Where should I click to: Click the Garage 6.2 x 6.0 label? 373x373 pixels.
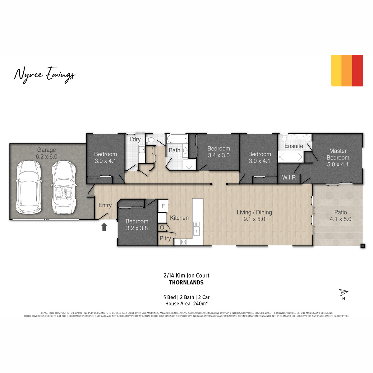click(46, 153)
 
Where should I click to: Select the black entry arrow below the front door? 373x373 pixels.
click(104, 227)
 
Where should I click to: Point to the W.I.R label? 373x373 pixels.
click(289, 177)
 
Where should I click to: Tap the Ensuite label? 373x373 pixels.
click(293, 146)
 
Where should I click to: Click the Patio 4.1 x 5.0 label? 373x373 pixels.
click(340, 216)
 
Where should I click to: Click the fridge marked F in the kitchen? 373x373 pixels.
click(163, 206)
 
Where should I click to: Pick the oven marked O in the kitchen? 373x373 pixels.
click(162, 227)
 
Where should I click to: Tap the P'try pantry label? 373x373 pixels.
click(165, 238)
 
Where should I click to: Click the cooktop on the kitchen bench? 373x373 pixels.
click(183, 242)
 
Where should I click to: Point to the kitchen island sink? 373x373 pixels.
click(196, 229)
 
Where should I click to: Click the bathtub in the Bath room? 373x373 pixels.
click(177, 139)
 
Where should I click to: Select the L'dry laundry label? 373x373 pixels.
click(135, 139)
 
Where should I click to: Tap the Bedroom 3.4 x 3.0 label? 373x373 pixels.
click(219, 152)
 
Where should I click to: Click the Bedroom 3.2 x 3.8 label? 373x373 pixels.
click(137, 225)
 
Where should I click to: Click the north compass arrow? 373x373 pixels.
click(343, 292)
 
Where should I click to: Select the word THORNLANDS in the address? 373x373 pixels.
click(186, 283)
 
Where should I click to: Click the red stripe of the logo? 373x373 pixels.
click(357, 71)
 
